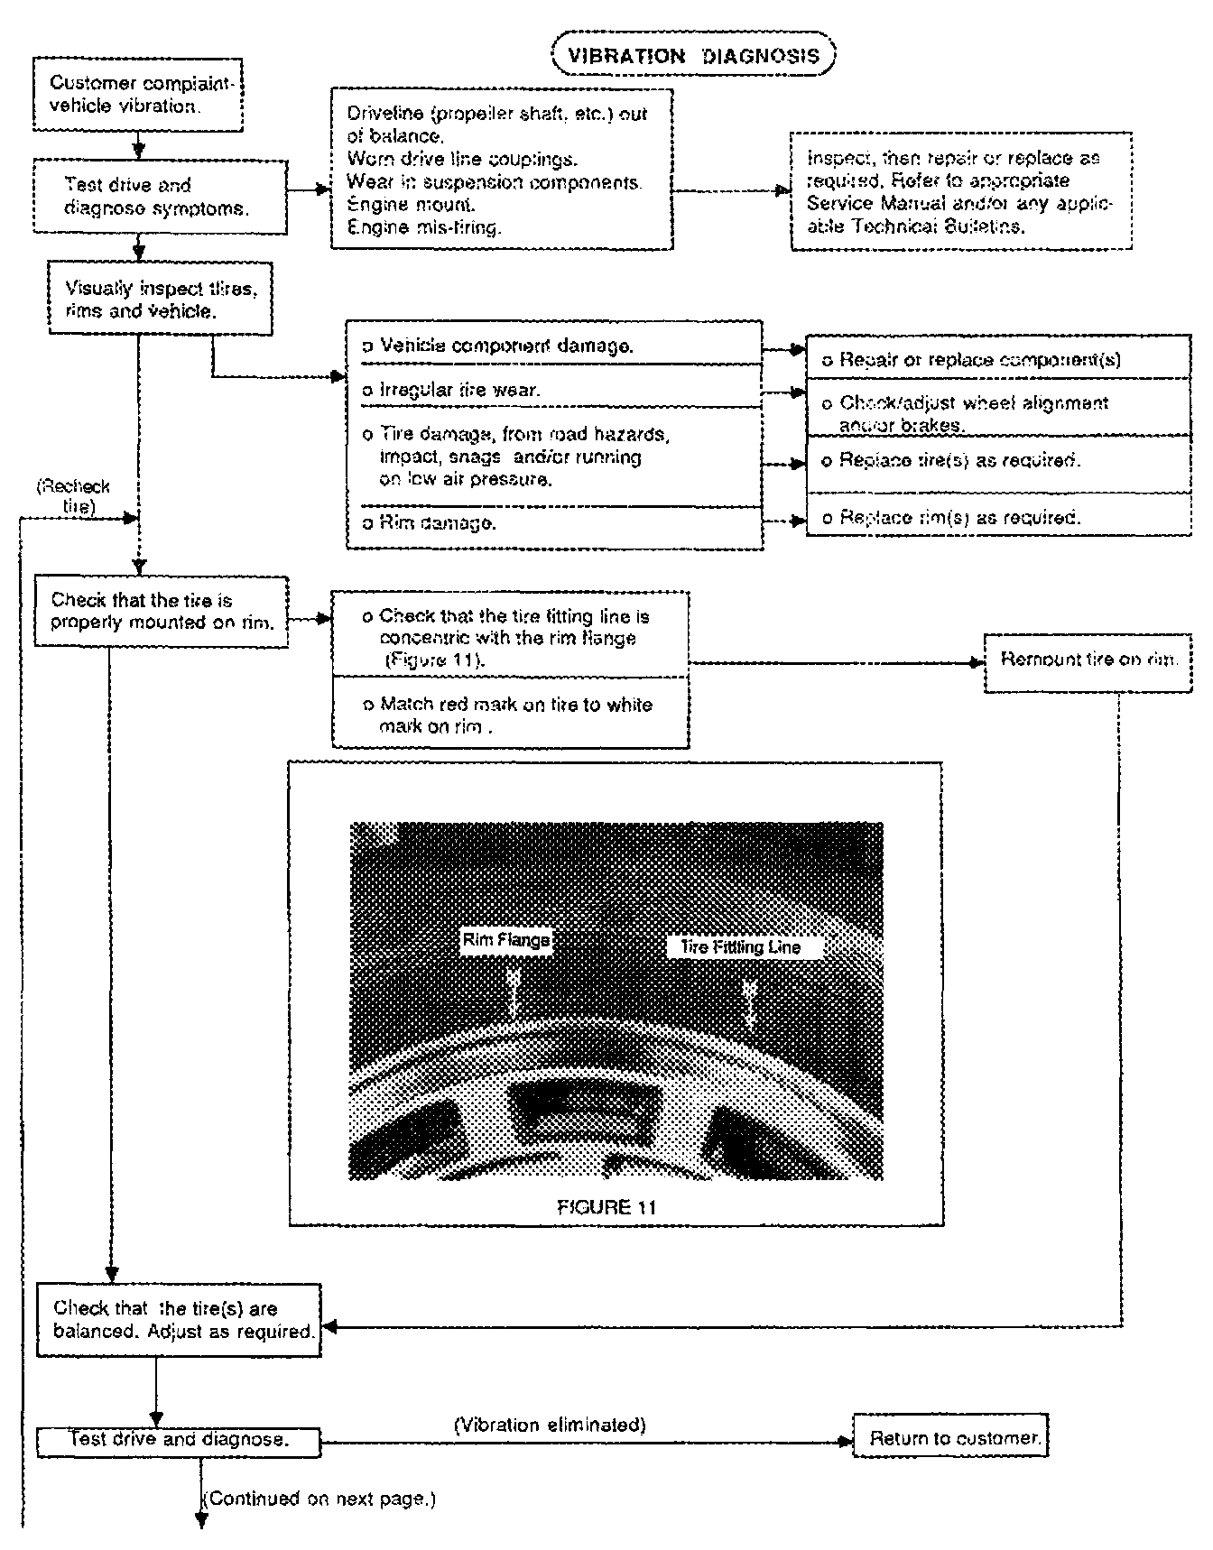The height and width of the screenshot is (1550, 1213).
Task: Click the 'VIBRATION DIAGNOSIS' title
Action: tap(693, 56)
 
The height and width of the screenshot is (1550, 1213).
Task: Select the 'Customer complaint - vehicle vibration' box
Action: tap(141, 95)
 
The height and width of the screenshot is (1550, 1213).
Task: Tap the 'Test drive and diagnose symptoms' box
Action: tap(160, 197)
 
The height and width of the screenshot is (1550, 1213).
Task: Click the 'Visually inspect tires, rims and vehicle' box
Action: tap(161, 300)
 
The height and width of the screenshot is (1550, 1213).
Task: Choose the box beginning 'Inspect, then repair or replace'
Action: tap(960, 191)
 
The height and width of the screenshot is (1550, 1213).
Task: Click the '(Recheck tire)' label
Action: tap(75, 496)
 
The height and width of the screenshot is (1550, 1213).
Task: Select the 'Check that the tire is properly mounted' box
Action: tap(161, 612)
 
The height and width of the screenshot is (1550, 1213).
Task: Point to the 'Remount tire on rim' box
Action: tap(1088, 660)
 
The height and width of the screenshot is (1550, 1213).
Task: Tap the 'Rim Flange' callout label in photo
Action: tap(505, 940)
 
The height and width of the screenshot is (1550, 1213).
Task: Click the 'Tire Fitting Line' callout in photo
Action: tap(733, 946)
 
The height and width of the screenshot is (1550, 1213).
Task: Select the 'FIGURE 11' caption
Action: tap(606, 1206)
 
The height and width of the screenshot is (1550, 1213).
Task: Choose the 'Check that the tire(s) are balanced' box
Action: tap(178, 1320)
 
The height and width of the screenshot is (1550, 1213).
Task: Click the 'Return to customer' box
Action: tap(954, 1438)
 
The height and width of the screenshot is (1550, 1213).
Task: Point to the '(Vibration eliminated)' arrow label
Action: tap(549, 1425)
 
